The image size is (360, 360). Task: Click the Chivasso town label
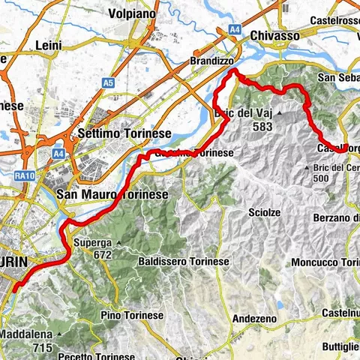[274, 35]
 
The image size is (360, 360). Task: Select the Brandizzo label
[214, 59]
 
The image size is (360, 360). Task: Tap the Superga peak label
[94, 243]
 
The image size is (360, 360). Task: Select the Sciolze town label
[265, 213]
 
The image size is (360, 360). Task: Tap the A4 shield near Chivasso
[235, 29]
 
